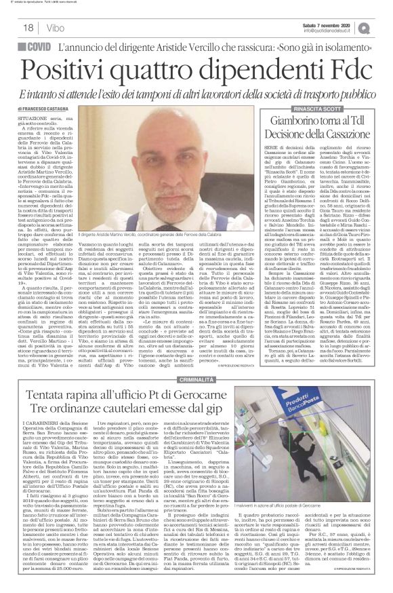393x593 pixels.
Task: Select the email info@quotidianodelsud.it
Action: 325,30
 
